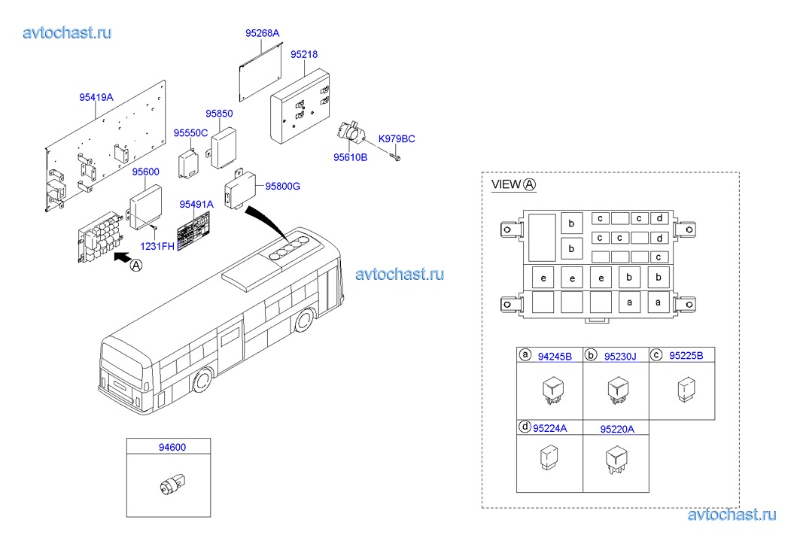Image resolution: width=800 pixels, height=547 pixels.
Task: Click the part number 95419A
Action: pyautogui.click(x=96, y=97)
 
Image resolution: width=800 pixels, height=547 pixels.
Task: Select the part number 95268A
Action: pyautogui.click(x=262, y=33)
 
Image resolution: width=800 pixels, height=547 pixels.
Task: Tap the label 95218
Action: pyautogui.click(x=304, y=55)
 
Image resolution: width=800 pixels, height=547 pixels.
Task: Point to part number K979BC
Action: pyautogui.click(x=396, y=139)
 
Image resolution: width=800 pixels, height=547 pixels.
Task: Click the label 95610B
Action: pyautogui.click(x=350, y=157)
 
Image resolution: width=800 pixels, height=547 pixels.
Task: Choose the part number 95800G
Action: pyautogui.click(x=282, y=186)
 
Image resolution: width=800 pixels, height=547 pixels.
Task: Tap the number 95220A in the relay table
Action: pyautogui.click(x=616, y=429)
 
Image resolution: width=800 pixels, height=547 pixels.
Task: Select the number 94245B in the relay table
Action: pyautogui.click(x=555, y=357)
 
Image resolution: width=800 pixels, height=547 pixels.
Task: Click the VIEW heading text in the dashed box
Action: pyautogui.click(x=506, y=185)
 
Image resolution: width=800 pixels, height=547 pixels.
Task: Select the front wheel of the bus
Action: pyautogui.click(x=304, y=321)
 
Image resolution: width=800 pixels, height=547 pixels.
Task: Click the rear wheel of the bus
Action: pyautogui.click(x=201, y=382)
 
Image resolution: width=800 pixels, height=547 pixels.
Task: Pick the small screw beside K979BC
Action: pyautogui.click(x=397, y=157)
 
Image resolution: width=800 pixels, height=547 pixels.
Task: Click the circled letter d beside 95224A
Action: pyautogui.click(x=525, y=427)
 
